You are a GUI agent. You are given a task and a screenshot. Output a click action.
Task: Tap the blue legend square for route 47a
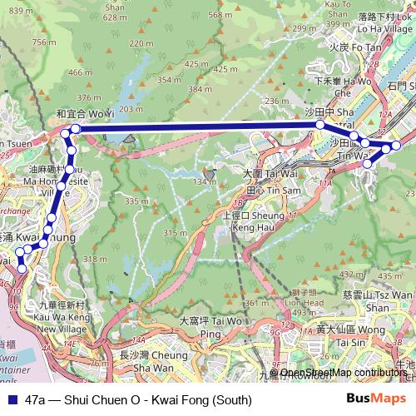pos(12,399)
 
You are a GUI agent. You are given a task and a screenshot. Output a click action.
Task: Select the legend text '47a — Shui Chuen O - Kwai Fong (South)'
pos(132,399)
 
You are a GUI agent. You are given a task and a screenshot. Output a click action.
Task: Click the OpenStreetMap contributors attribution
pos(344,373)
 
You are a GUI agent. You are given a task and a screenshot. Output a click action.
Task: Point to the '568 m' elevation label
pos(220,14)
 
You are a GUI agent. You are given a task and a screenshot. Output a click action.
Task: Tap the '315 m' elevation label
pos(176,232)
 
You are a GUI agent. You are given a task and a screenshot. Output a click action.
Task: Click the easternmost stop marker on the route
pos(396,146)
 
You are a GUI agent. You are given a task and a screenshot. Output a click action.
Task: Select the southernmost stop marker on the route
pos(22,269)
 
